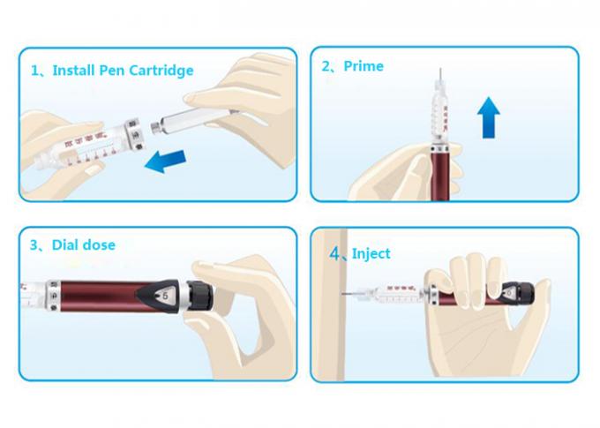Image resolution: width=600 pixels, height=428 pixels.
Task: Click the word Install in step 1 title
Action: pos(74,70)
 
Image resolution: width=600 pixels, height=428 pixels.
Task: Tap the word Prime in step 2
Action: pos(364,66)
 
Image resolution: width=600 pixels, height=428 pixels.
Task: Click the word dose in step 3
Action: pos(99,244)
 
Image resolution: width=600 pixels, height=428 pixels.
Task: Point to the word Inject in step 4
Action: pos(371,253)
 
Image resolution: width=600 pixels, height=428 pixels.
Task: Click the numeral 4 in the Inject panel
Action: pos(335,253)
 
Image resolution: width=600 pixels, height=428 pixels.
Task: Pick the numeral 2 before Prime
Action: pos(326,66)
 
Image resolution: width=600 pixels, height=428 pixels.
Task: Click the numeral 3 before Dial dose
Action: pos(34,244)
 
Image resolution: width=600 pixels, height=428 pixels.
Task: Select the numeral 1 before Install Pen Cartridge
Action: pos(34,70)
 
